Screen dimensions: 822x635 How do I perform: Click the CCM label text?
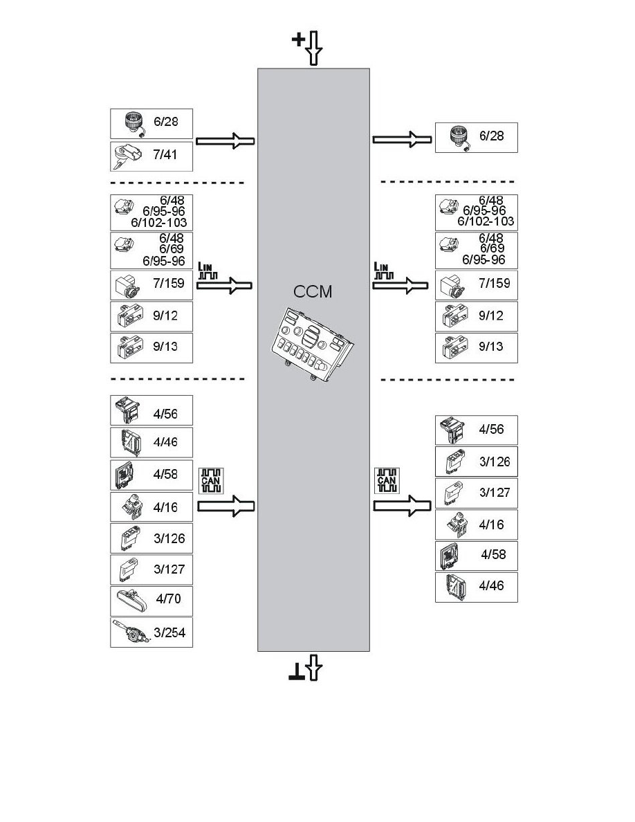coord(313,291)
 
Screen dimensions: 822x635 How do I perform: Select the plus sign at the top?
coord(298,40)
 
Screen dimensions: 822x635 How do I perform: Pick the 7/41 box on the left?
coord(151,156)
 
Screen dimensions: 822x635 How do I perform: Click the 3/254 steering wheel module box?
coord(151,632)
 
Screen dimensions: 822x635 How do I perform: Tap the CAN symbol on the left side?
coord(210,479)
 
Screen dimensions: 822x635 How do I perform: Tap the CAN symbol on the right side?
coord(386,479)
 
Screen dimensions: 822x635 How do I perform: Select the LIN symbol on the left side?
coord(208,271)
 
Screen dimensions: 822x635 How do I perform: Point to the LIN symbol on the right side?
coord(383,271)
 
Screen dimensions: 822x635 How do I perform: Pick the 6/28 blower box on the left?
coord(151,123)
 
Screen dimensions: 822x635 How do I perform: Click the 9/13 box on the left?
coord(151,347)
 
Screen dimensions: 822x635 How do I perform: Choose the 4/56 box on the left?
coord(151,410)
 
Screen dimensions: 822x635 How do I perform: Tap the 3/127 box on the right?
coord(476,493)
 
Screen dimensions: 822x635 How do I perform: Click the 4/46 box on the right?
coord(476,587)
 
